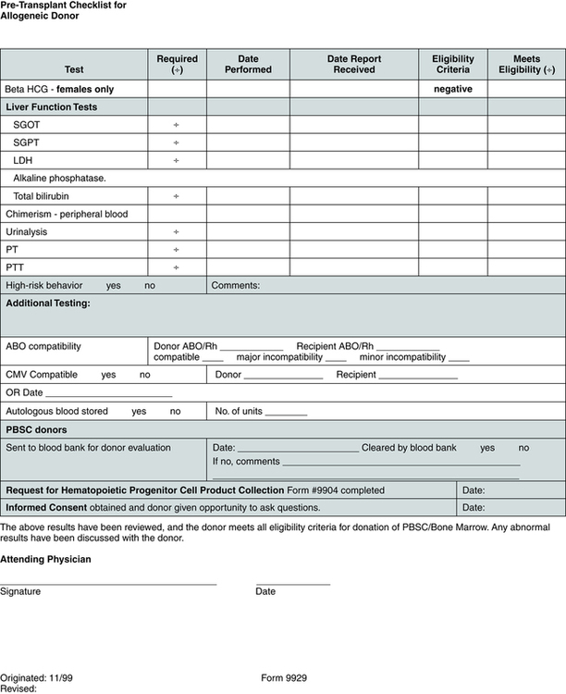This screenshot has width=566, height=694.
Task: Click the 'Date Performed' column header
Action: click(248, 64)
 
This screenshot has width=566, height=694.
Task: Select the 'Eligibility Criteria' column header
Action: click(452, 64)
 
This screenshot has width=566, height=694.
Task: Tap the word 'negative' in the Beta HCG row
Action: click(452, 90)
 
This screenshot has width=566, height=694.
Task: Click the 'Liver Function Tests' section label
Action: click(51, 107)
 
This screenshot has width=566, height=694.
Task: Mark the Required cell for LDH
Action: click(177, 161)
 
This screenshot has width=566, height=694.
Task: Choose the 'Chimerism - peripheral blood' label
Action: click(67, 215)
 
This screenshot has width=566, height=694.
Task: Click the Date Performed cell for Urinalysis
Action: click(248, 232)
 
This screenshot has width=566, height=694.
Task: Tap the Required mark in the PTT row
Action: click(177, 268)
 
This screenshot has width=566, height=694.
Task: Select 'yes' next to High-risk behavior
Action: click(114, 286)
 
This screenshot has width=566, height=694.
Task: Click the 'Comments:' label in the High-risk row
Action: click(236, 286)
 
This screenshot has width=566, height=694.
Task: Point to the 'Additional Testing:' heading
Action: click(48, 304)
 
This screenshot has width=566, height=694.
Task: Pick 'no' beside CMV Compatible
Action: click(145, 375)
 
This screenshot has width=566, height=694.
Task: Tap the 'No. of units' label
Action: click(240, 411)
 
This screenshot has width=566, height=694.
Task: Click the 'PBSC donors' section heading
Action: click(36, 429)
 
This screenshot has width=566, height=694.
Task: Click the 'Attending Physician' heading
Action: click(45, 559)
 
